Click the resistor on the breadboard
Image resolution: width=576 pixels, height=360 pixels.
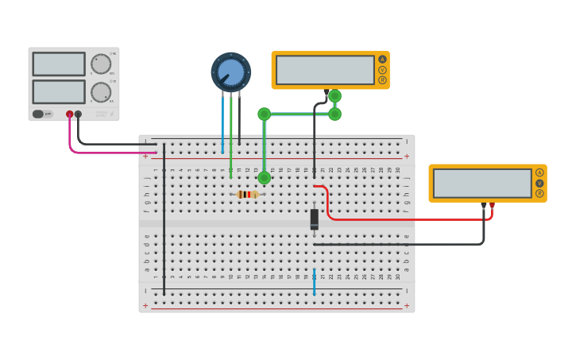click(248, 194)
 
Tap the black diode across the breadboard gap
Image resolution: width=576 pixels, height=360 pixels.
click(315, 219)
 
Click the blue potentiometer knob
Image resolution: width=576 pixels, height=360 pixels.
click(230, 72)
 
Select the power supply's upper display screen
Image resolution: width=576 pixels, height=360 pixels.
click(59, 64)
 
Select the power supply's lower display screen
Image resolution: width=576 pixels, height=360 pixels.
click(59, 91)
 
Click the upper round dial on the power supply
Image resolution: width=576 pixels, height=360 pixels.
click(101, 64)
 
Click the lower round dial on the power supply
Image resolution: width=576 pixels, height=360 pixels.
click(101, 92)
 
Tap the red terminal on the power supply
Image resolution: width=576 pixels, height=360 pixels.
click(70, 114)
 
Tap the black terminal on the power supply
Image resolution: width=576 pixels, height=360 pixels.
click(78, 114)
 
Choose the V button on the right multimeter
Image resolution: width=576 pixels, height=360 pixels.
click(539, 183)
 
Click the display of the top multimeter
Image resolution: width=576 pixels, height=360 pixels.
click(324, 70)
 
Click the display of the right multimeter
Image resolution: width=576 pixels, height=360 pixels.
click(482, 183)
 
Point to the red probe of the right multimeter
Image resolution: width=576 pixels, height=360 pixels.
click(492, 206)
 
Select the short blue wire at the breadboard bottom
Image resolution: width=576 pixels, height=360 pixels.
click(314, 282)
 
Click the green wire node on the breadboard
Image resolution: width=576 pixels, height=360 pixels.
click(264, 178)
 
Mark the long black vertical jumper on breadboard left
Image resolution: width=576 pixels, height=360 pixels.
click(164, 223)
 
